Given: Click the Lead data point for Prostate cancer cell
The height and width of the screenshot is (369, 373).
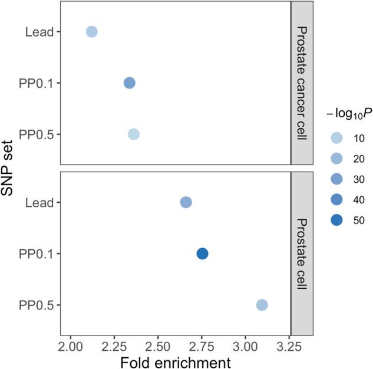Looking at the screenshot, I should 91,31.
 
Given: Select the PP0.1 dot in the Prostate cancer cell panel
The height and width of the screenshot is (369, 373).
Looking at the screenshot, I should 130,83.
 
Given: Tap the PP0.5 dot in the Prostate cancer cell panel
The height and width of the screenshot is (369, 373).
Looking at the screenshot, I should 134,134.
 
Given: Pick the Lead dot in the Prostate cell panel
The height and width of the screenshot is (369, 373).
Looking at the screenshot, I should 186,202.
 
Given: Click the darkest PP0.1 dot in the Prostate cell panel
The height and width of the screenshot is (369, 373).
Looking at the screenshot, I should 202,253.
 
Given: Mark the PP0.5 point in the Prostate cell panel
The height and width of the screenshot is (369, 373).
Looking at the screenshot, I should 262,305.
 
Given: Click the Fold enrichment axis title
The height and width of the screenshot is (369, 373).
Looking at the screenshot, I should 175,361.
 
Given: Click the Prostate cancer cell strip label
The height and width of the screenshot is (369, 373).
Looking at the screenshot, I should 302,83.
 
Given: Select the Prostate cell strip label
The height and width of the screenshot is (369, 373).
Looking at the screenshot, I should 302,253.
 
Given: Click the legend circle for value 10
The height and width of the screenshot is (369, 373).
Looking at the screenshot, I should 335,139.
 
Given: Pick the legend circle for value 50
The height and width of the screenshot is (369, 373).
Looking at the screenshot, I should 335,220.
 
